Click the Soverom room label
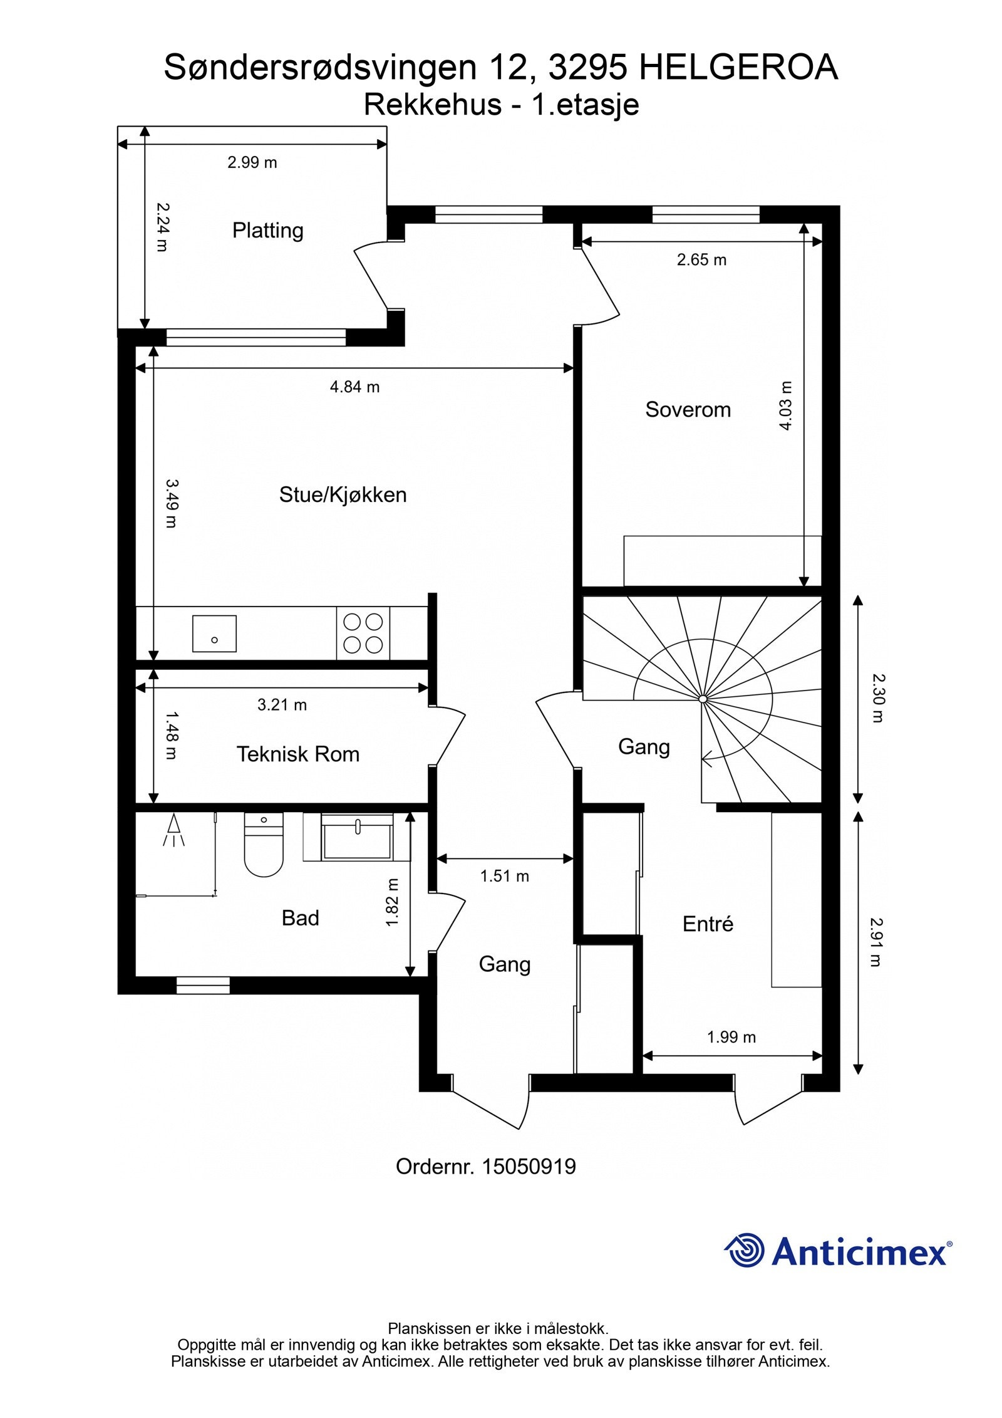[688, 409]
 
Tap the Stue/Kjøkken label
[343, 494]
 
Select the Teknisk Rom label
[297, 754]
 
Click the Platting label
[267, 230]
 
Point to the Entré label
[708, 924]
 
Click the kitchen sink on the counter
[214, 633]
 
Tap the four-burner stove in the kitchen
[363, 633]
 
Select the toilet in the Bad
[264, 846]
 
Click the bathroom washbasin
[357, 836]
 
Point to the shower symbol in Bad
[175, 830]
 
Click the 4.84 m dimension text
[354, 387]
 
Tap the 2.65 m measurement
[701, 259]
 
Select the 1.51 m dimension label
[504, 876]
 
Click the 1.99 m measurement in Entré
[731, 1037]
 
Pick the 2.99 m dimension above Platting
[252, 162]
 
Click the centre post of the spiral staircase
[703, 698]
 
